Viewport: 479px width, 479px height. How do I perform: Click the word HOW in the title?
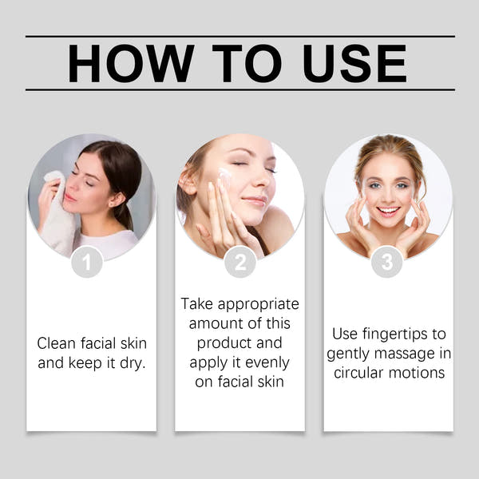[x=131, y=63]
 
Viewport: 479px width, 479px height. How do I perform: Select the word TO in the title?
[x=243, y=63]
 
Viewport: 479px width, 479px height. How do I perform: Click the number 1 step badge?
[x=87, y=262]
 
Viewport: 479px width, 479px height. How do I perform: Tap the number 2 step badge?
[x=240, y=262]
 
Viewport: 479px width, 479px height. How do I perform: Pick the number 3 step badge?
[x=387, y=262]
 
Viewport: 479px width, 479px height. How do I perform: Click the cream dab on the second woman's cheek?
[x=224, y=173]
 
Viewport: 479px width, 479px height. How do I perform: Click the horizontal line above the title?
[x=239, y=36]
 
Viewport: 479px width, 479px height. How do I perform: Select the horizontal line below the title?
[x=239, y=89]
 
